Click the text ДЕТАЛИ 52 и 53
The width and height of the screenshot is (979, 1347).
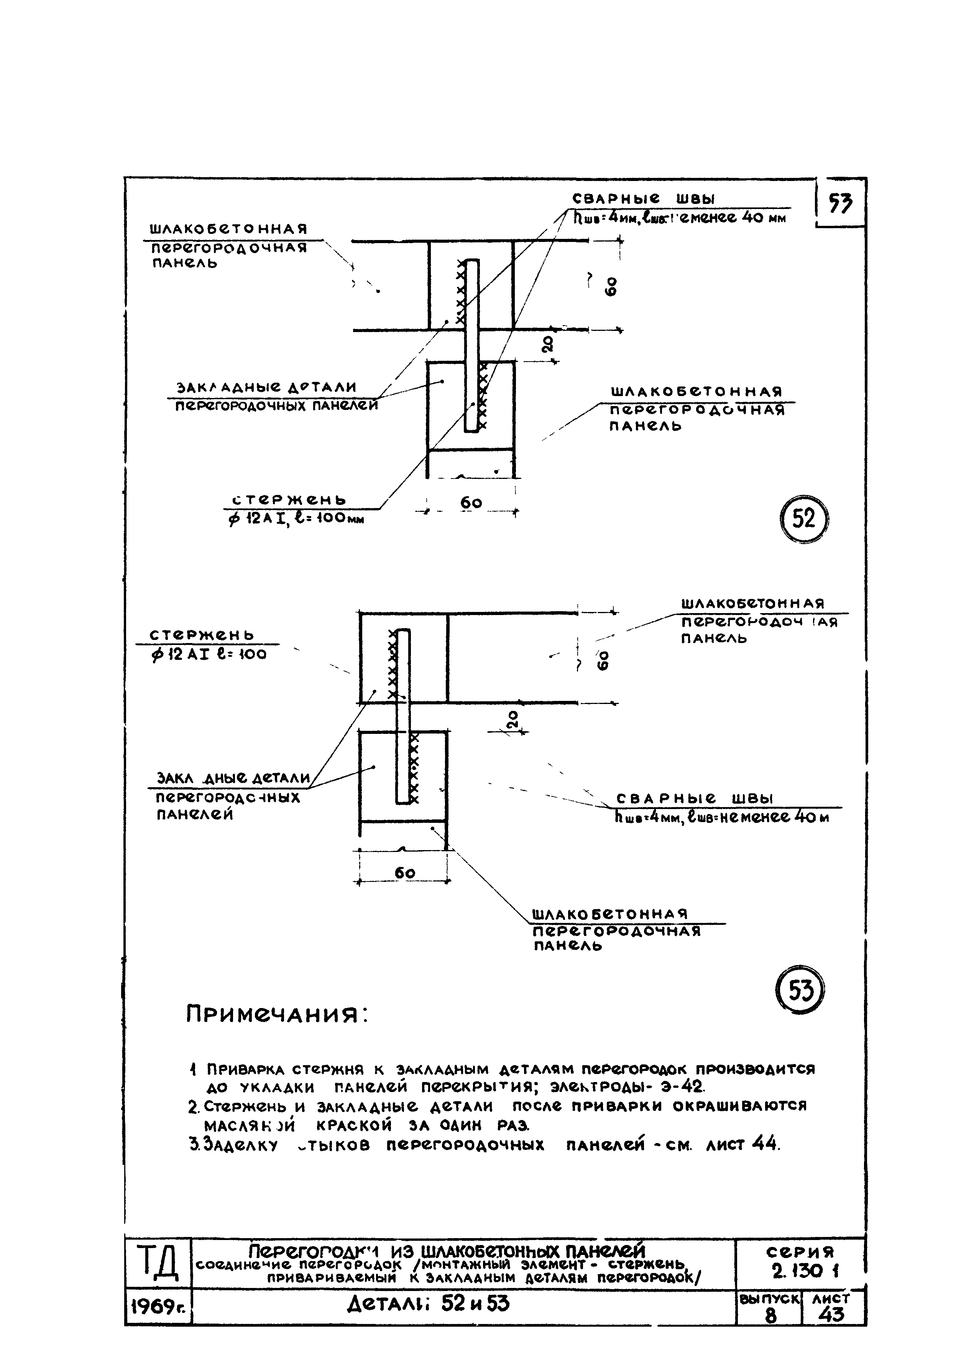pyautogui.click(x=428, y=1304)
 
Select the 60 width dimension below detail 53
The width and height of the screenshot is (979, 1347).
pyautogui.click(x=404, y=872)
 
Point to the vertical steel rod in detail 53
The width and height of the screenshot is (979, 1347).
pyautogui.click(x=403, y=715)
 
